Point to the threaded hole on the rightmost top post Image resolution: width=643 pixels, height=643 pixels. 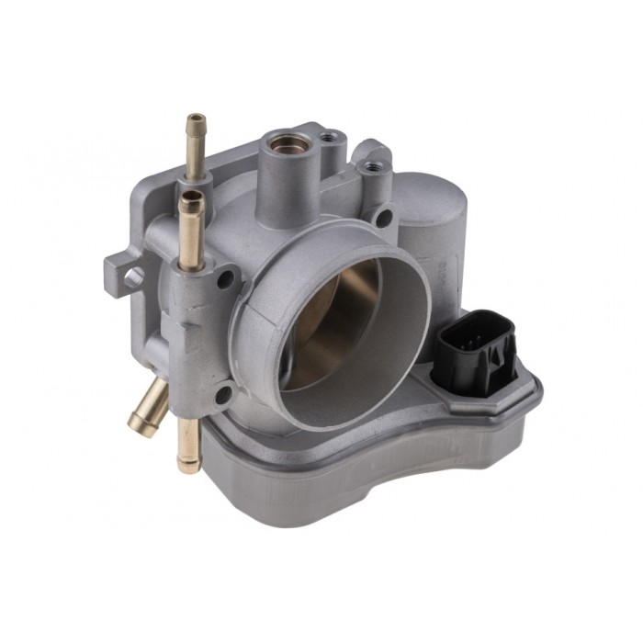371,168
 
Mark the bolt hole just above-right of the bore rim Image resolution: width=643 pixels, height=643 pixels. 384,218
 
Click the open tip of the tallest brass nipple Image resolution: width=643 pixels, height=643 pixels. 196,120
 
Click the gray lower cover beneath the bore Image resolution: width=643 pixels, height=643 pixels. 367,478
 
